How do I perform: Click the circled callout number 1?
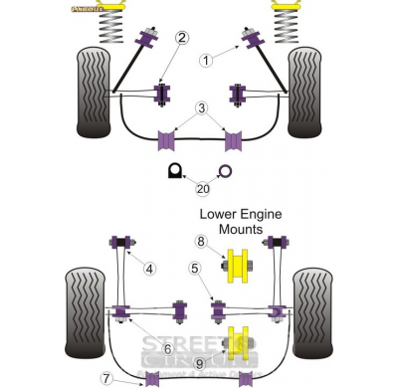pyautogui.click(x=206, y=60)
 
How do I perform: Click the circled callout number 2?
pyautogui.click(x=181, y=39)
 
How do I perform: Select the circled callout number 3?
pyautogui.click(x=201, y=107)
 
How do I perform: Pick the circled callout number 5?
pyautogui.click(x=195, y=267)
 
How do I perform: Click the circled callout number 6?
pyautogui.click(x=167, y=347)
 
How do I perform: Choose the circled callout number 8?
pyautogui.click(x=200, y=241)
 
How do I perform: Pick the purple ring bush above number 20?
pyautogui.click(x=225, y=170)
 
